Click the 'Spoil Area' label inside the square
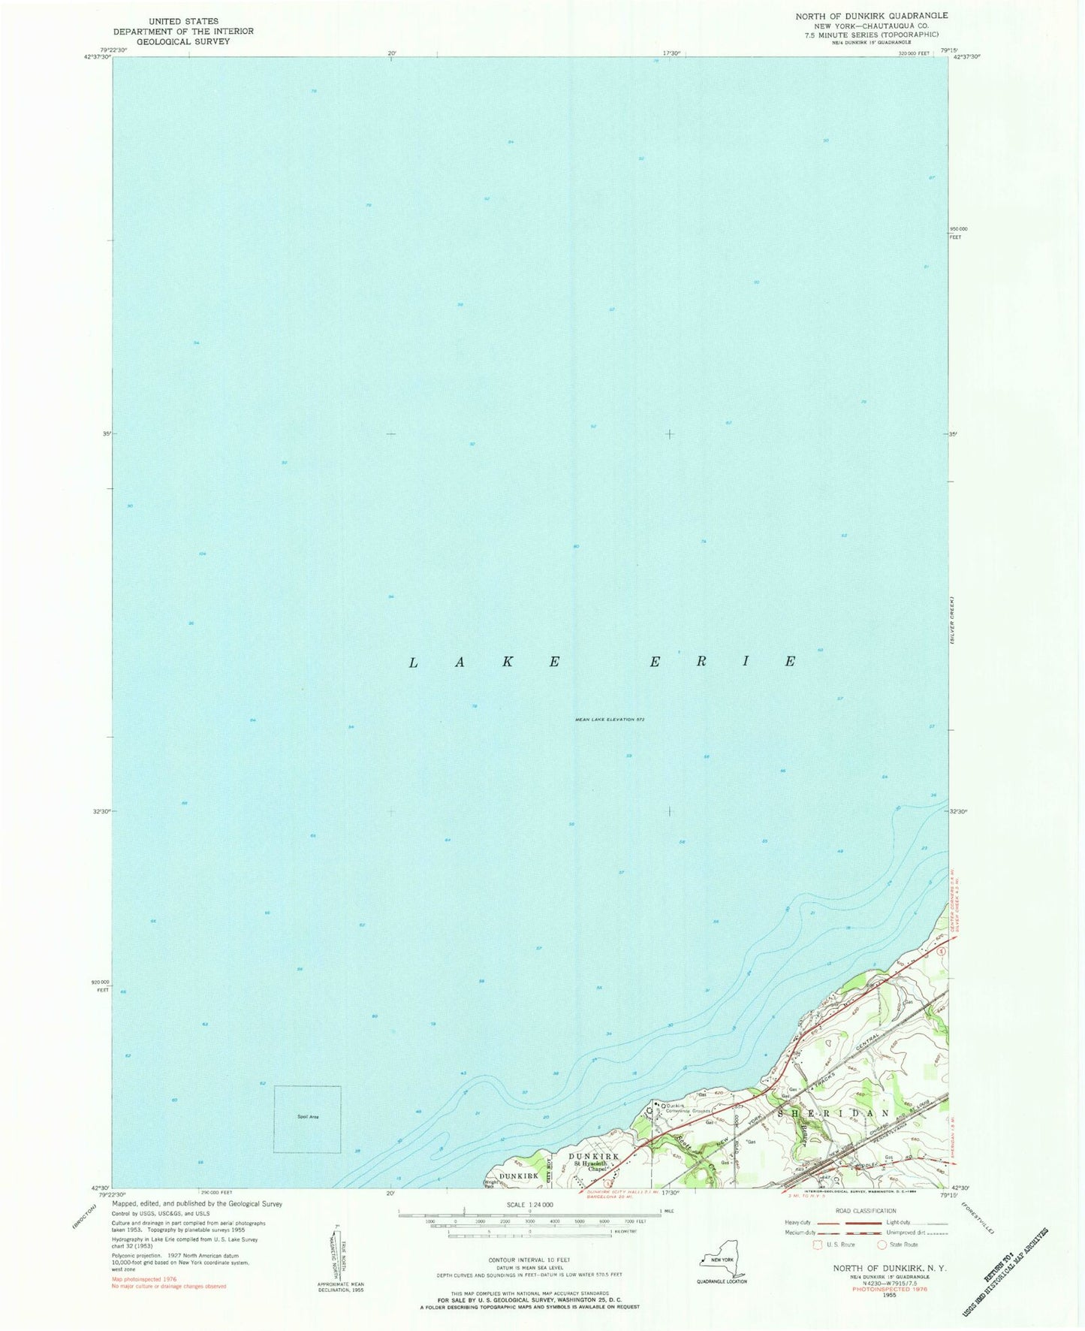[x=306, y=1117]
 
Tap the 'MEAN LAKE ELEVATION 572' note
[x=610, y=720]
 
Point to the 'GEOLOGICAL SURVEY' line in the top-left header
[x=183, y=41]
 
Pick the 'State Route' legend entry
[x=899, y=1245]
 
